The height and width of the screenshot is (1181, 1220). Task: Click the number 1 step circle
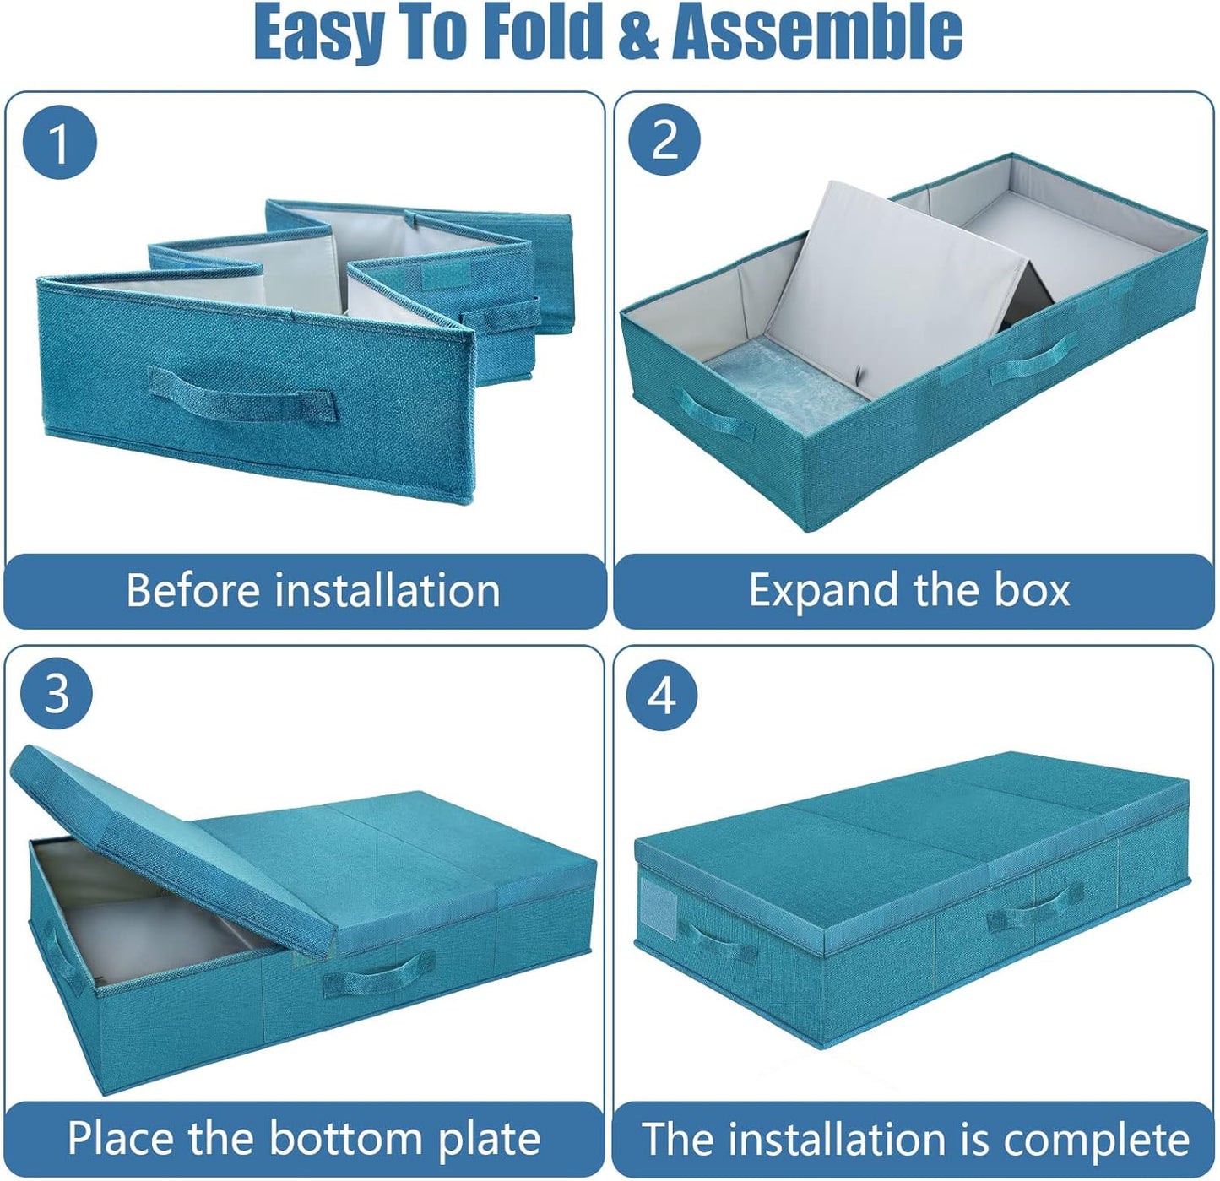pyautogui.click(x=59, y=141)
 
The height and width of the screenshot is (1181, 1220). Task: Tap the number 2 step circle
pyautogui.click(x=664, y=139)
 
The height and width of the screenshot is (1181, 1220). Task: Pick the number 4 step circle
pyautogui.click(x=662, y=696)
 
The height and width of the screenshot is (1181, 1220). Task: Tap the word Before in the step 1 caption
pyautogui.click(x=192, y=590)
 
